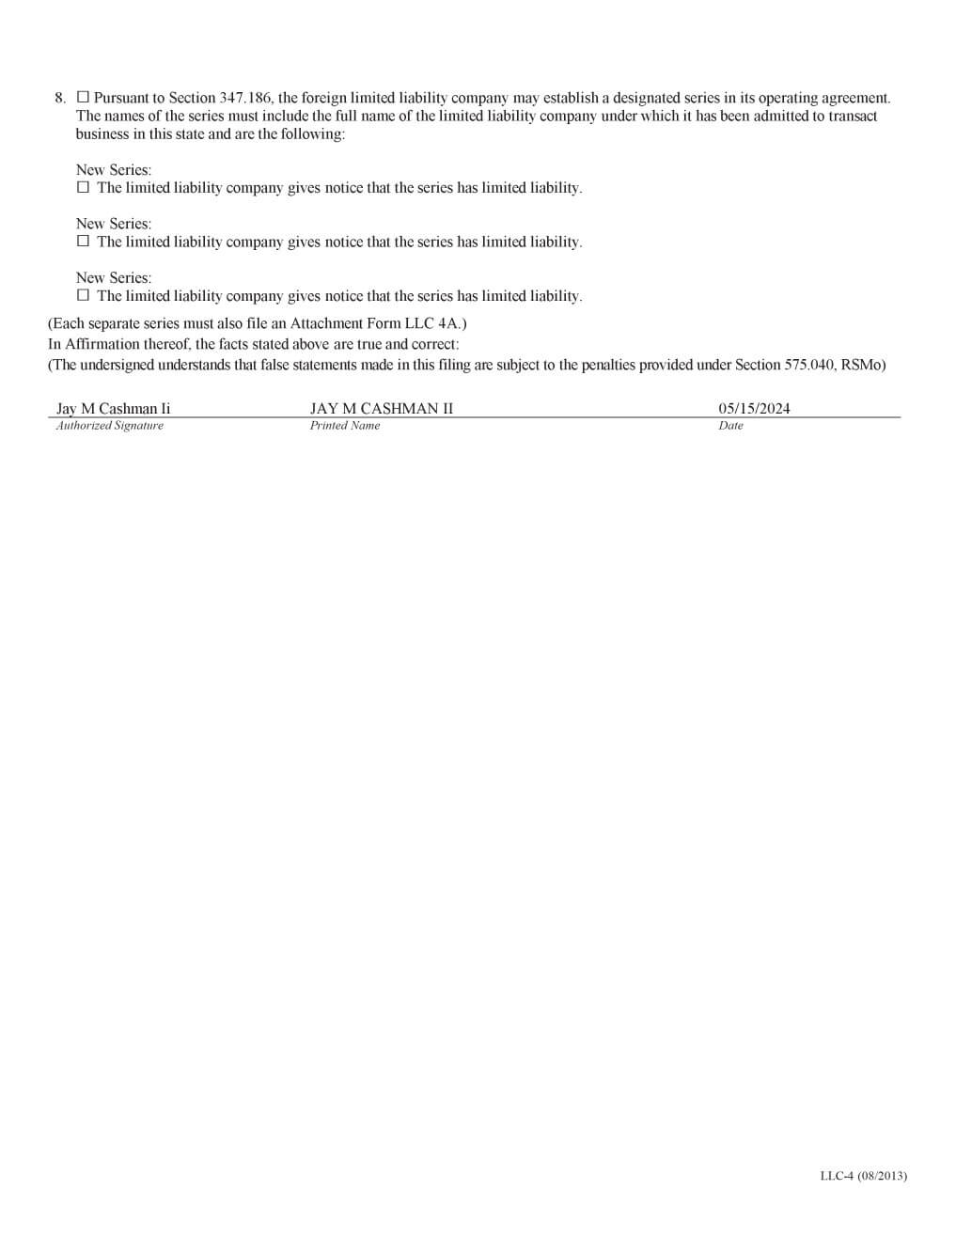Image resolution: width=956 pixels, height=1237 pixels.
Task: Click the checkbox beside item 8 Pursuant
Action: [x=83, y=97]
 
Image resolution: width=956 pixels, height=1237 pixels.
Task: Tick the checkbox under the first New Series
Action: [x=83, y=187]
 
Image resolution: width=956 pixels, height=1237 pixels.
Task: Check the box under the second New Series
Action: [x=83, y=241]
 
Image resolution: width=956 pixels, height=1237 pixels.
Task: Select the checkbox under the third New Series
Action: [x=83, y=295]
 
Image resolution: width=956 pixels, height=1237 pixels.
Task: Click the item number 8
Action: [x=60, y=98]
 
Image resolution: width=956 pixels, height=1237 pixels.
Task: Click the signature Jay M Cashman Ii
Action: [x=114, y=408]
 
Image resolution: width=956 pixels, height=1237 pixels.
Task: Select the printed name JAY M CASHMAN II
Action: [x=382, y=408]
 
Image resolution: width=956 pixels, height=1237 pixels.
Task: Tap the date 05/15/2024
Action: [x=754, y=408]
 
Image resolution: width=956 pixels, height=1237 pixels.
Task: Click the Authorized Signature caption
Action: [x=110, y=426]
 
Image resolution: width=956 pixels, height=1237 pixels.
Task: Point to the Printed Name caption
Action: [x=345, y=426]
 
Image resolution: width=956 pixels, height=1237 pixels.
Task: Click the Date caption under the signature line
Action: [x=730, y=426]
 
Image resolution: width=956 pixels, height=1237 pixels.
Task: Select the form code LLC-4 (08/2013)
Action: [x=863, y=1175]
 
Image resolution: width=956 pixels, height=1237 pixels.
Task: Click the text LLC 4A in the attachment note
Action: [x=431, y=323]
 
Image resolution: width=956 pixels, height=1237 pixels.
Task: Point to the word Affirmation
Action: [x=102, y=344]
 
